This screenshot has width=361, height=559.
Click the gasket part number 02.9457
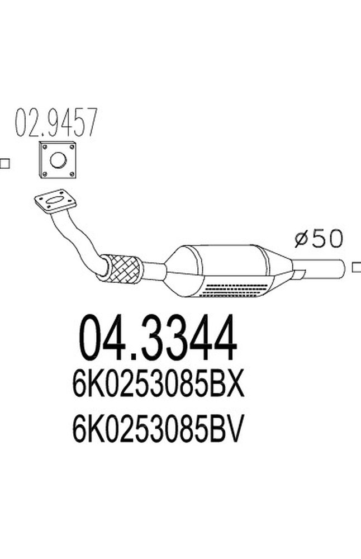[x=56, y=123]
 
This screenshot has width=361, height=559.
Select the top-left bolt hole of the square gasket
[x=44, y=147]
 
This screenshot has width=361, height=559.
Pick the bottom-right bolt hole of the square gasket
[x=72, y=175]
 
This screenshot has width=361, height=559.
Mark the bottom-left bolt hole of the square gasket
[x=44, y=176]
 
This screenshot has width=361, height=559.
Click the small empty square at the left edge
[x=4, y=164]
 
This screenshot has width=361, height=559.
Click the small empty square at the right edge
[x=357, y=268]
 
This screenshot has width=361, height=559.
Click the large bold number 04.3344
[x=158, y=338]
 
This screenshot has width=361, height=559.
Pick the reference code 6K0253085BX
[x=158, y=386]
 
